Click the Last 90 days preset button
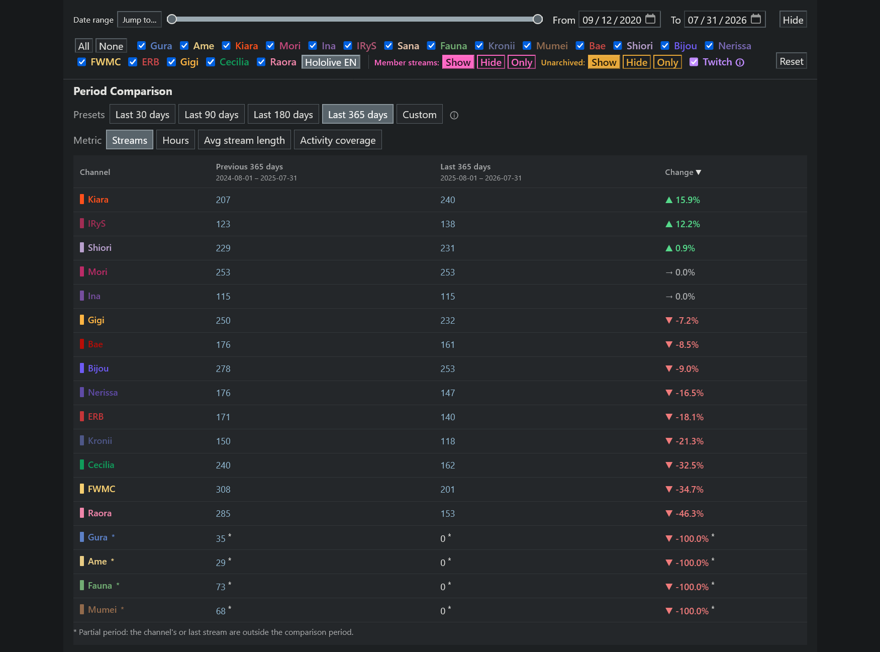pos(212,115)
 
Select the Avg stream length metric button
pos(244,140)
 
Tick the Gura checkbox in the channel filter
pos(142,46)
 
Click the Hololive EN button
pos(331,62)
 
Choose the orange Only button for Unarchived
pos(667,62)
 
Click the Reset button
pos(792,61)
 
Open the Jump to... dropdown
pos(139,20)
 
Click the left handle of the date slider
pos(172,19)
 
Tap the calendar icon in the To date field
pos(756,19)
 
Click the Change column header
pos(683,172)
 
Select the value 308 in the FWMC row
pos(223,490)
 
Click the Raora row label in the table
pos(100,513)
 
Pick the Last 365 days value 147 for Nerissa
pos(448,393)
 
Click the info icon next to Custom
pos(454,115)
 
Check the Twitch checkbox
pos(694,62)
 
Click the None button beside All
pos(111,46)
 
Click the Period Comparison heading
pos(123,91)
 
